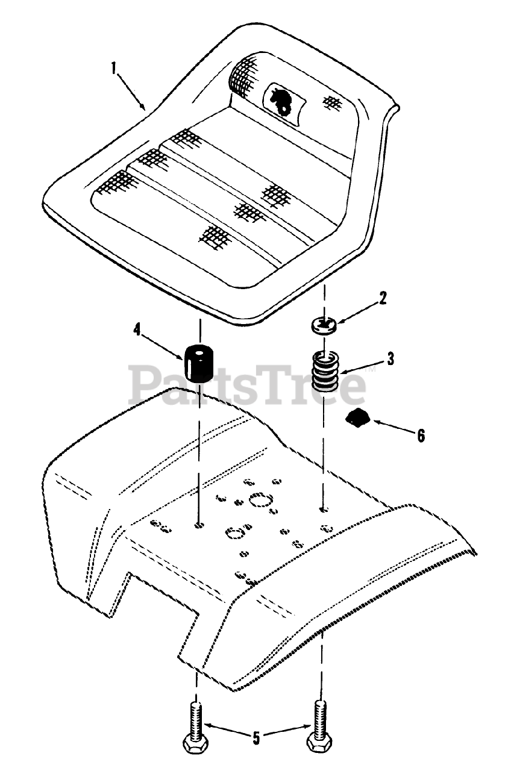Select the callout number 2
tap(383, 298)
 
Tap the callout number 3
tap(391, 359)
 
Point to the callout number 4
tap(137, 329)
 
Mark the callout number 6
tap(420, 435)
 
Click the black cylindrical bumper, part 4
tap(199, 363)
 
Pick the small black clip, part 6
tap(359, 417)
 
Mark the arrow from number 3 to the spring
tap(361, 367)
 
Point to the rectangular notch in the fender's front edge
tap(160, 593)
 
